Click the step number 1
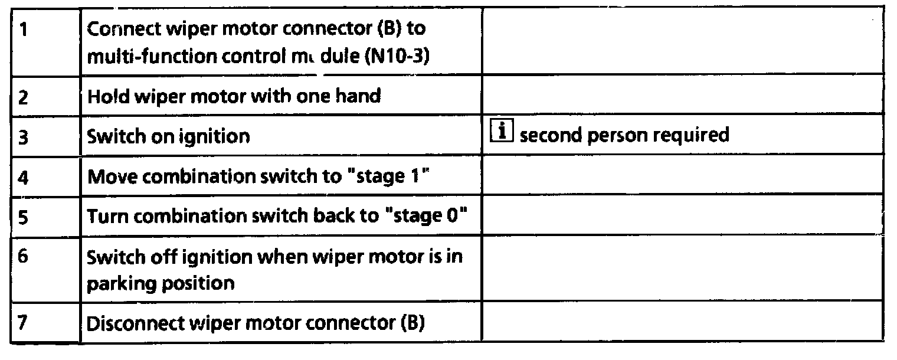(23, 30)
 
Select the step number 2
(24, 97)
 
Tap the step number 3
(24, 136)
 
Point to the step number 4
(24, 177)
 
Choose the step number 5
(24, 216)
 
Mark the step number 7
(24, 324)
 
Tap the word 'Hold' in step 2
(107, 96)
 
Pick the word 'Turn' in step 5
(106, 216)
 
